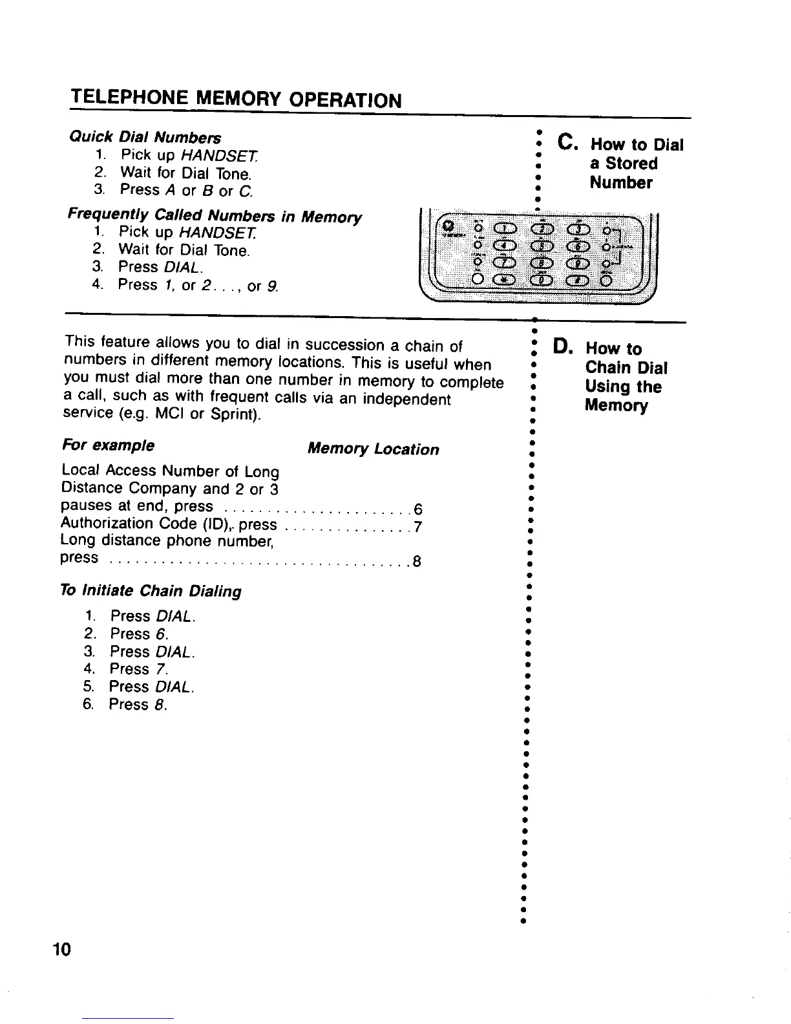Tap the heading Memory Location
pos(373,449)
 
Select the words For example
pos(108,446)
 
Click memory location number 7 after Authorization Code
pos(418,527)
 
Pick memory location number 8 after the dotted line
pos(417,561)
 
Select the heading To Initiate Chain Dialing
pos(151,591)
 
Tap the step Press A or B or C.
pos(186,191)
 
